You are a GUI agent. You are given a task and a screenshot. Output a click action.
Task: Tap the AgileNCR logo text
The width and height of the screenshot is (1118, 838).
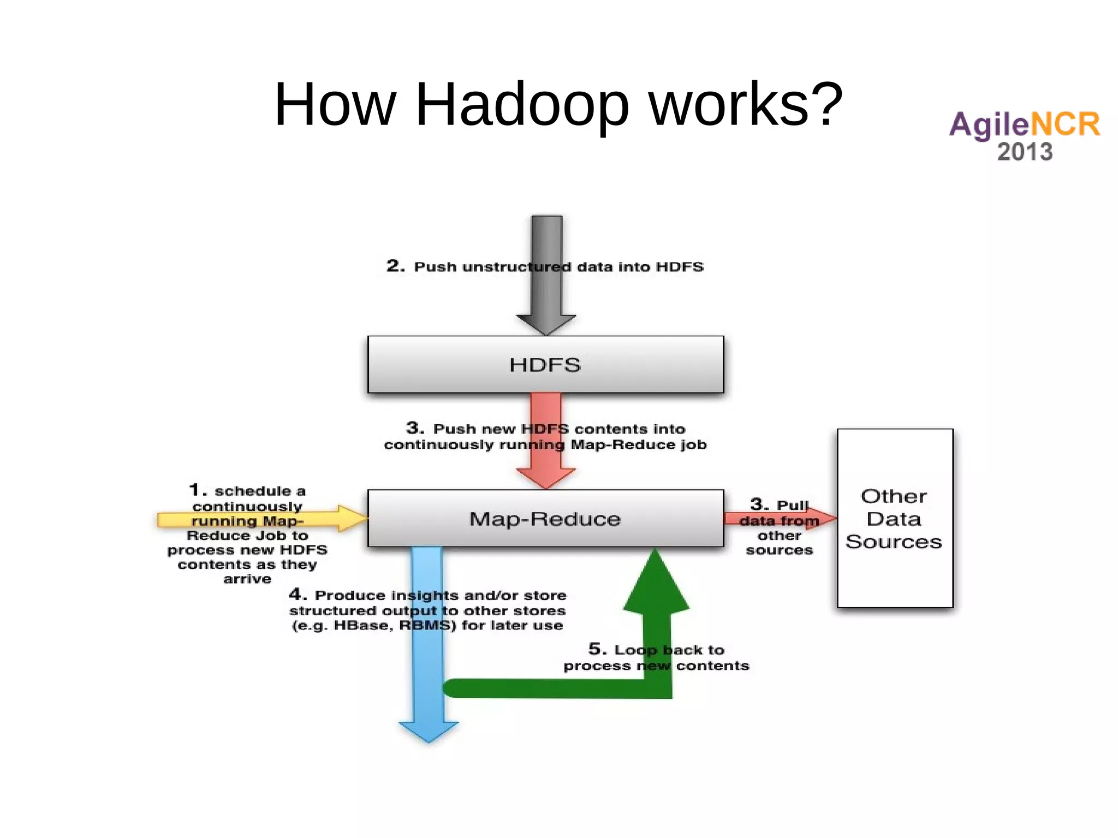click(1024, 124)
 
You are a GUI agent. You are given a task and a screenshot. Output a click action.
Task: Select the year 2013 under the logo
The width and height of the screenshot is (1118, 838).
click(1025, 152)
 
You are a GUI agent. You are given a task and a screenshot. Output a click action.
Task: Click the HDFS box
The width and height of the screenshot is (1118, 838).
click(545, 364)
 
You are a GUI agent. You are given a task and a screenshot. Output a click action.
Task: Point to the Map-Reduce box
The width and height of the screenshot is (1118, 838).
click(545, 518)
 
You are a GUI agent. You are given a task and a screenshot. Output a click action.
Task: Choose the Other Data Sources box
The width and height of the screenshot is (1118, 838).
click(894, 518)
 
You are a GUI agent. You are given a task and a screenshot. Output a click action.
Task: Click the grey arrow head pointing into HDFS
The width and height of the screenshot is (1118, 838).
click(546, 324)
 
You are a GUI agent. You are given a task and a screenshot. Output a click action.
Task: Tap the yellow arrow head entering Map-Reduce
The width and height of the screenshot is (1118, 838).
click(352, 518)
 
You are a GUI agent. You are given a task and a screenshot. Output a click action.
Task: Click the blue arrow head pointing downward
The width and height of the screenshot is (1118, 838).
click(429, 732)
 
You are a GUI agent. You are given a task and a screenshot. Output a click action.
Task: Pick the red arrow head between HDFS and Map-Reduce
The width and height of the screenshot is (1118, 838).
click(546, 478)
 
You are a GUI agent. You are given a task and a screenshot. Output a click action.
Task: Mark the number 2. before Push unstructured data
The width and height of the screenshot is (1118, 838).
click(395, 266)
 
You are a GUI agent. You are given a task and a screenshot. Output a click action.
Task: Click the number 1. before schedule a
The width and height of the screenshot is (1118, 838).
click(198, 490)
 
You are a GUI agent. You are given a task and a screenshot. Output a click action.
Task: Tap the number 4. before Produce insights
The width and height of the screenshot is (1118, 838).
click(298, 594)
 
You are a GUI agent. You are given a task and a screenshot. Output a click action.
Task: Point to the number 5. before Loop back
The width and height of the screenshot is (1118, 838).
click(597, 649)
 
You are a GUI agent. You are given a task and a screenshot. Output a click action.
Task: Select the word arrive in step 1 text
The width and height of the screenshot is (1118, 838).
click(247, 579)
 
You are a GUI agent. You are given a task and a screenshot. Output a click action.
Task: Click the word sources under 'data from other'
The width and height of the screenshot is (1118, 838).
click(779, 550)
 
